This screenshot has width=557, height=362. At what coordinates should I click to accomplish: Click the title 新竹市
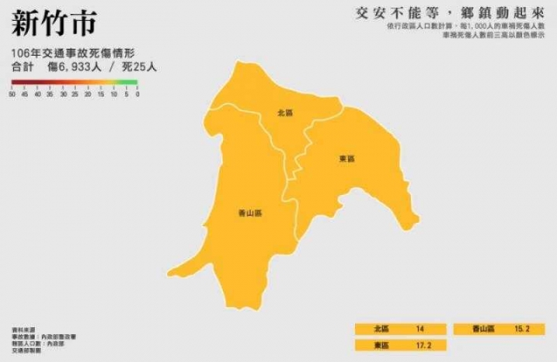pos(54,23)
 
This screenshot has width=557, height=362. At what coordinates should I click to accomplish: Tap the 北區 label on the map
pos(285,113)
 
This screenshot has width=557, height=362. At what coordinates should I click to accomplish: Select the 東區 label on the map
pos(347,159)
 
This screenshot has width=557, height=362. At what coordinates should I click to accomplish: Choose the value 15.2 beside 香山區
pos(521,329)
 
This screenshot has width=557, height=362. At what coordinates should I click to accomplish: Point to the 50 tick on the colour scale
pos(13,94)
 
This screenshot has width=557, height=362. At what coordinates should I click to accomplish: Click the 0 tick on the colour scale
pos(137,94)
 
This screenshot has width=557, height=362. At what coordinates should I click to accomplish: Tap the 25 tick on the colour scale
pos(75,94)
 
